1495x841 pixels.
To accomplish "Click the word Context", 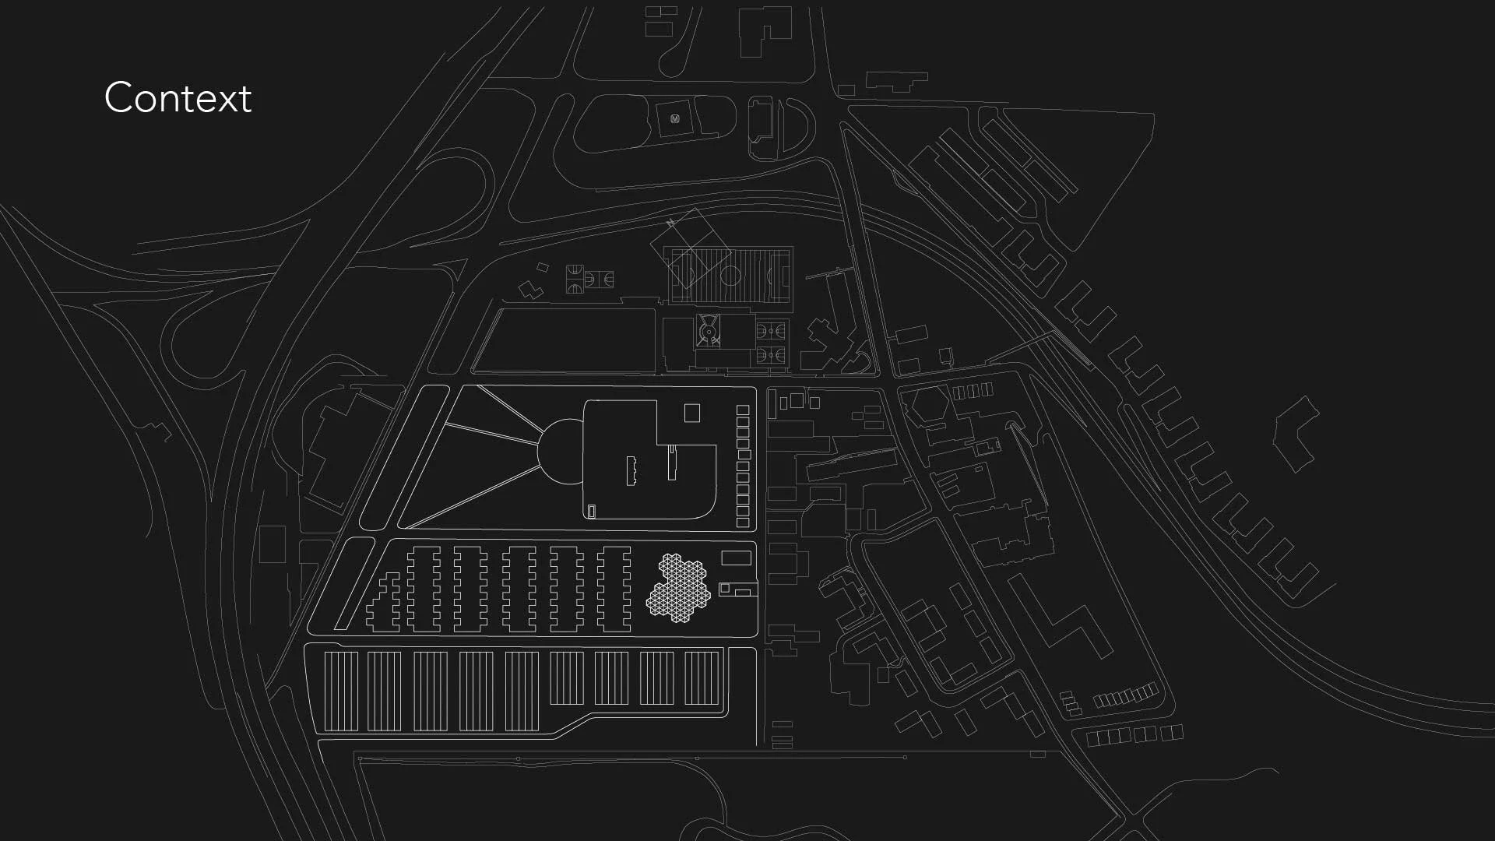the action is coord(178,98).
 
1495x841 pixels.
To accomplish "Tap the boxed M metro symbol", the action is coord(675,119).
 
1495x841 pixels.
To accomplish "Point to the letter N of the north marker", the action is coord(670,223).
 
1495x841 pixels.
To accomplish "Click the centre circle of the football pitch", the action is coord(730,275).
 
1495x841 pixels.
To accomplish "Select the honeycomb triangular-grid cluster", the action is coord(678,587).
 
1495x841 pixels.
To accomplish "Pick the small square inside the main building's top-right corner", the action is coord(691,413).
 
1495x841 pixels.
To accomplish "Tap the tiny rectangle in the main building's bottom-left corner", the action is coord(592,511).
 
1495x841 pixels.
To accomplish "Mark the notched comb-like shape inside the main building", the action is coord(631,470).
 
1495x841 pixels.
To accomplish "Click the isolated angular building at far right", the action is coord(1296,435).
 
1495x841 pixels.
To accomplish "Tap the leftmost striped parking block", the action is coord(341,691).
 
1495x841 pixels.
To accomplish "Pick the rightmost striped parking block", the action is coord(702,677).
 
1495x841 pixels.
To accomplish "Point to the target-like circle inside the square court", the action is coord(709,332).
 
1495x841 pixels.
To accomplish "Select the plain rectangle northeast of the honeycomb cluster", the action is coord(736,558).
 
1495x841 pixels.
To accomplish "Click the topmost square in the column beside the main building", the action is coord(743,410).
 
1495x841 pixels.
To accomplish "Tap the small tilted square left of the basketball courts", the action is coord(543,268).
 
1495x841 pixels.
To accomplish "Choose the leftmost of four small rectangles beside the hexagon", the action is coord(959,392).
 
